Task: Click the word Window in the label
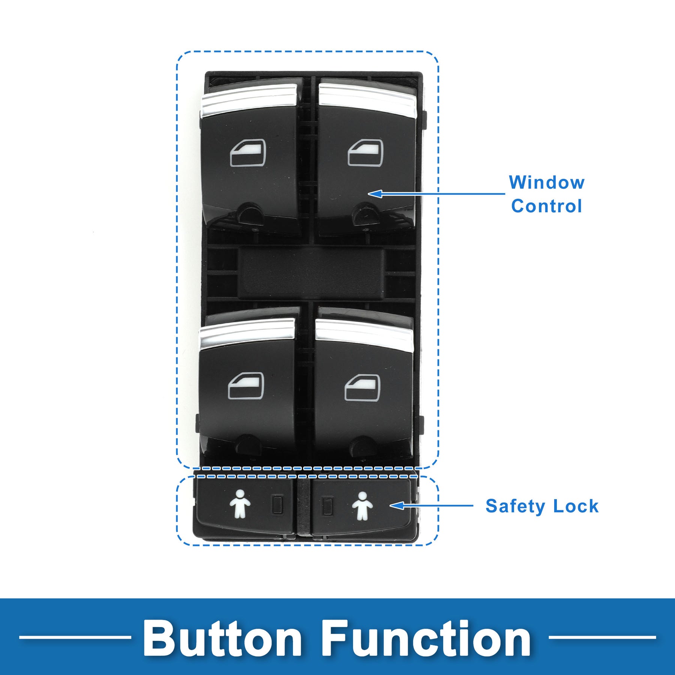546,183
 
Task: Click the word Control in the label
546,206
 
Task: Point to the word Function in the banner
426,638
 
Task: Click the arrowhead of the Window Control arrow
375,193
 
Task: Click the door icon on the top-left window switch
247,152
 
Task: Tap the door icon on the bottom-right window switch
362,387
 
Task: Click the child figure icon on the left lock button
240,504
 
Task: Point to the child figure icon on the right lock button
362,506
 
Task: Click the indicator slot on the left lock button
277,505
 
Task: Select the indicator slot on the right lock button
327,505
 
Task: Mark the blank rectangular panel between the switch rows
310,273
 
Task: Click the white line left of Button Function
75,637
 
